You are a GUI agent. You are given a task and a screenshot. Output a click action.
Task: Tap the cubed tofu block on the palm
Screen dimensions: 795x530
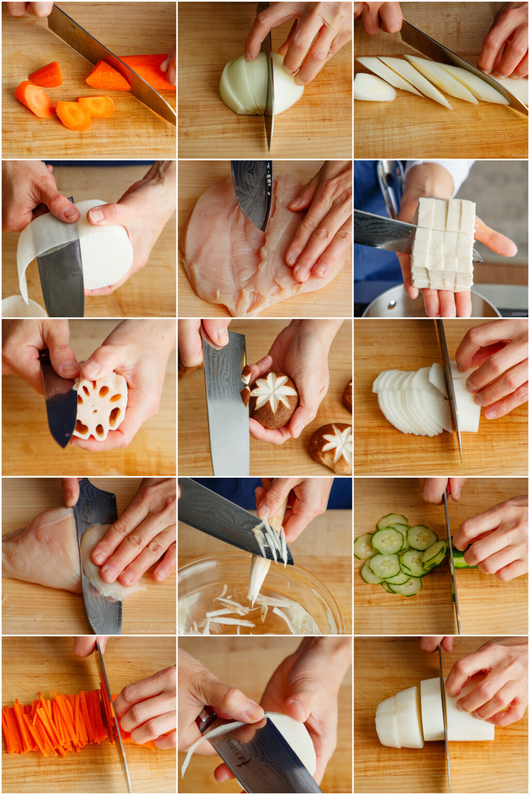tap(443, 243)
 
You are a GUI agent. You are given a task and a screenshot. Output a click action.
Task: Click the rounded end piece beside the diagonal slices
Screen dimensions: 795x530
tap(374, 88)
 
